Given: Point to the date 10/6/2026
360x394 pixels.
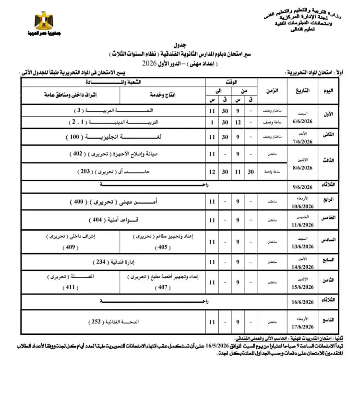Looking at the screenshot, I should [301, 207].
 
